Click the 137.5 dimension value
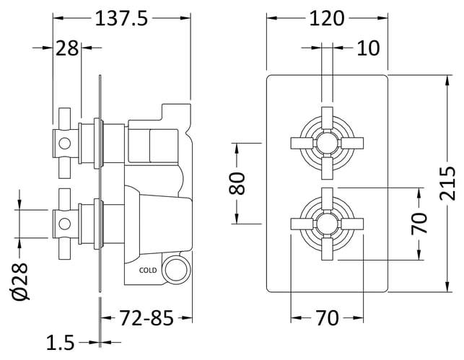tap(121, 18)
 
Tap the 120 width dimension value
tap(327, 18)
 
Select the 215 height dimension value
tap(447, 184)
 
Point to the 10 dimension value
tap(368, 48)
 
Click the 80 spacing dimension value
tap(237, 183)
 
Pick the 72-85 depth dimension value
tap(146, 318)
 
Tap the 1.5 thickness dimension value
tap(61, 343)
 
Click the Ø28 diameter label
tap(20, 281)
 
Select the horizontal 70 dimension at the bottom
tap(327, 318)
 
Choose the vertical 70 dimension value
tap(419, 224)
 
